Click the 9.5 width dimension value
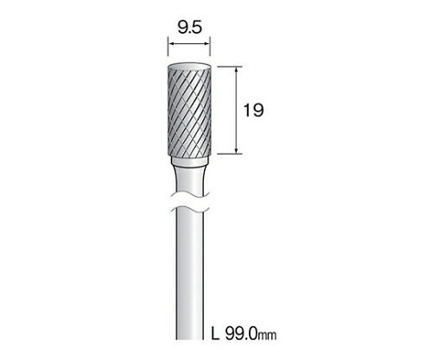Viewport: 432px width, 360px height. click(x=190, y=28)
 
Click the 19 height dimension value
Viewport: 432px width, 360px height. click(x=253, y=111)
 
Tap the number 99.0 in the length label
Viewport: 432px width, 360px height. click(x=241, y=333)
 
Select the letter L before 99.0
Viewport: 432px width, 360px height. click(x=215, y=333)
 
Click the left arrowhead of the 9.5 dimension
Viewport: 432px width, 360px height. click(x=170, y=44)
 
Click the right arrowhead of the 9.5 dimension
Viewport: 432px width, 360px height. click(x=207, y=44)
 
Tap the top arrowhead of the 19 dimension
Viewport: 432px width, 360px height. click(x=237, y=69)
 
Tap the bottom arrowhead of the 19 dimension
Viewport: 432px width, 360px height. click(x=237, y=151)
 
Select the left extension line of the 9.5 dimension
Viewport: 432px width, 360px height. click(x=168, y=46)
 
